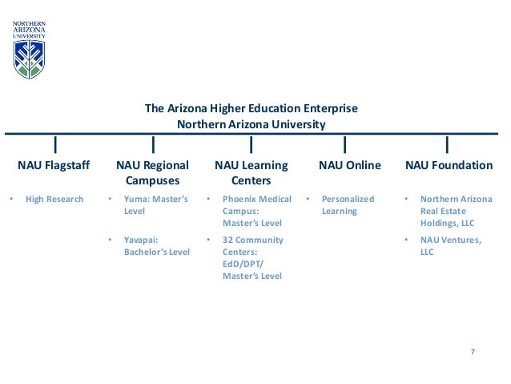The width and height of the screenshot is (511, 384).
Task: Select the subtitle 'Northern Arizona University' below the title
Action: point(251,124)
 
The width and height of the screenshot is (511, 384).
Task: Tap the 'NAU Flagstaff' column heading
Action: point(54,166)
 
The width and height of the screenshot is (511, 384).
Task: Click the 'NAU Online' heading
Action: point(349,166)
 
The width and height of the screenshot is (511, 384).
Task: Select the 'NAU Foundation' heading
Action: point(449,166)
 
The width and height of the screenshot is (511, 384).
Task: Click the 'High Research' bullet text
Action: point(54,199)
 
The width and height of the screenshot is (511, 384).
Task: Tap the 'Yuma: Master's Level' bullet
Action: point(155,205)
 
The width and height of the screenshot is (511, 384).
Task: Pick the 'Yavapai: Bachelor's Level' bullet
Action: point(156,245)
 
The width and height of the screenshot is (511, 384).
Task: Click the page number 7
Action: point(473,353)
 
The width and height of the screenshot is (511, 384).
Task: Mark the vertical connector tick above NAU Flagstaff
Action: point(54,144)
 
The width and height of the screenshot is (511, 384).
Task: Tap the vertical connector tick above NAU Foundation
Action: point(446,144)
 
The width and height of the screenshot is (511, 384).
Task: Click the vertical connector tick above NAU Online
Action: point(344,144)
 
